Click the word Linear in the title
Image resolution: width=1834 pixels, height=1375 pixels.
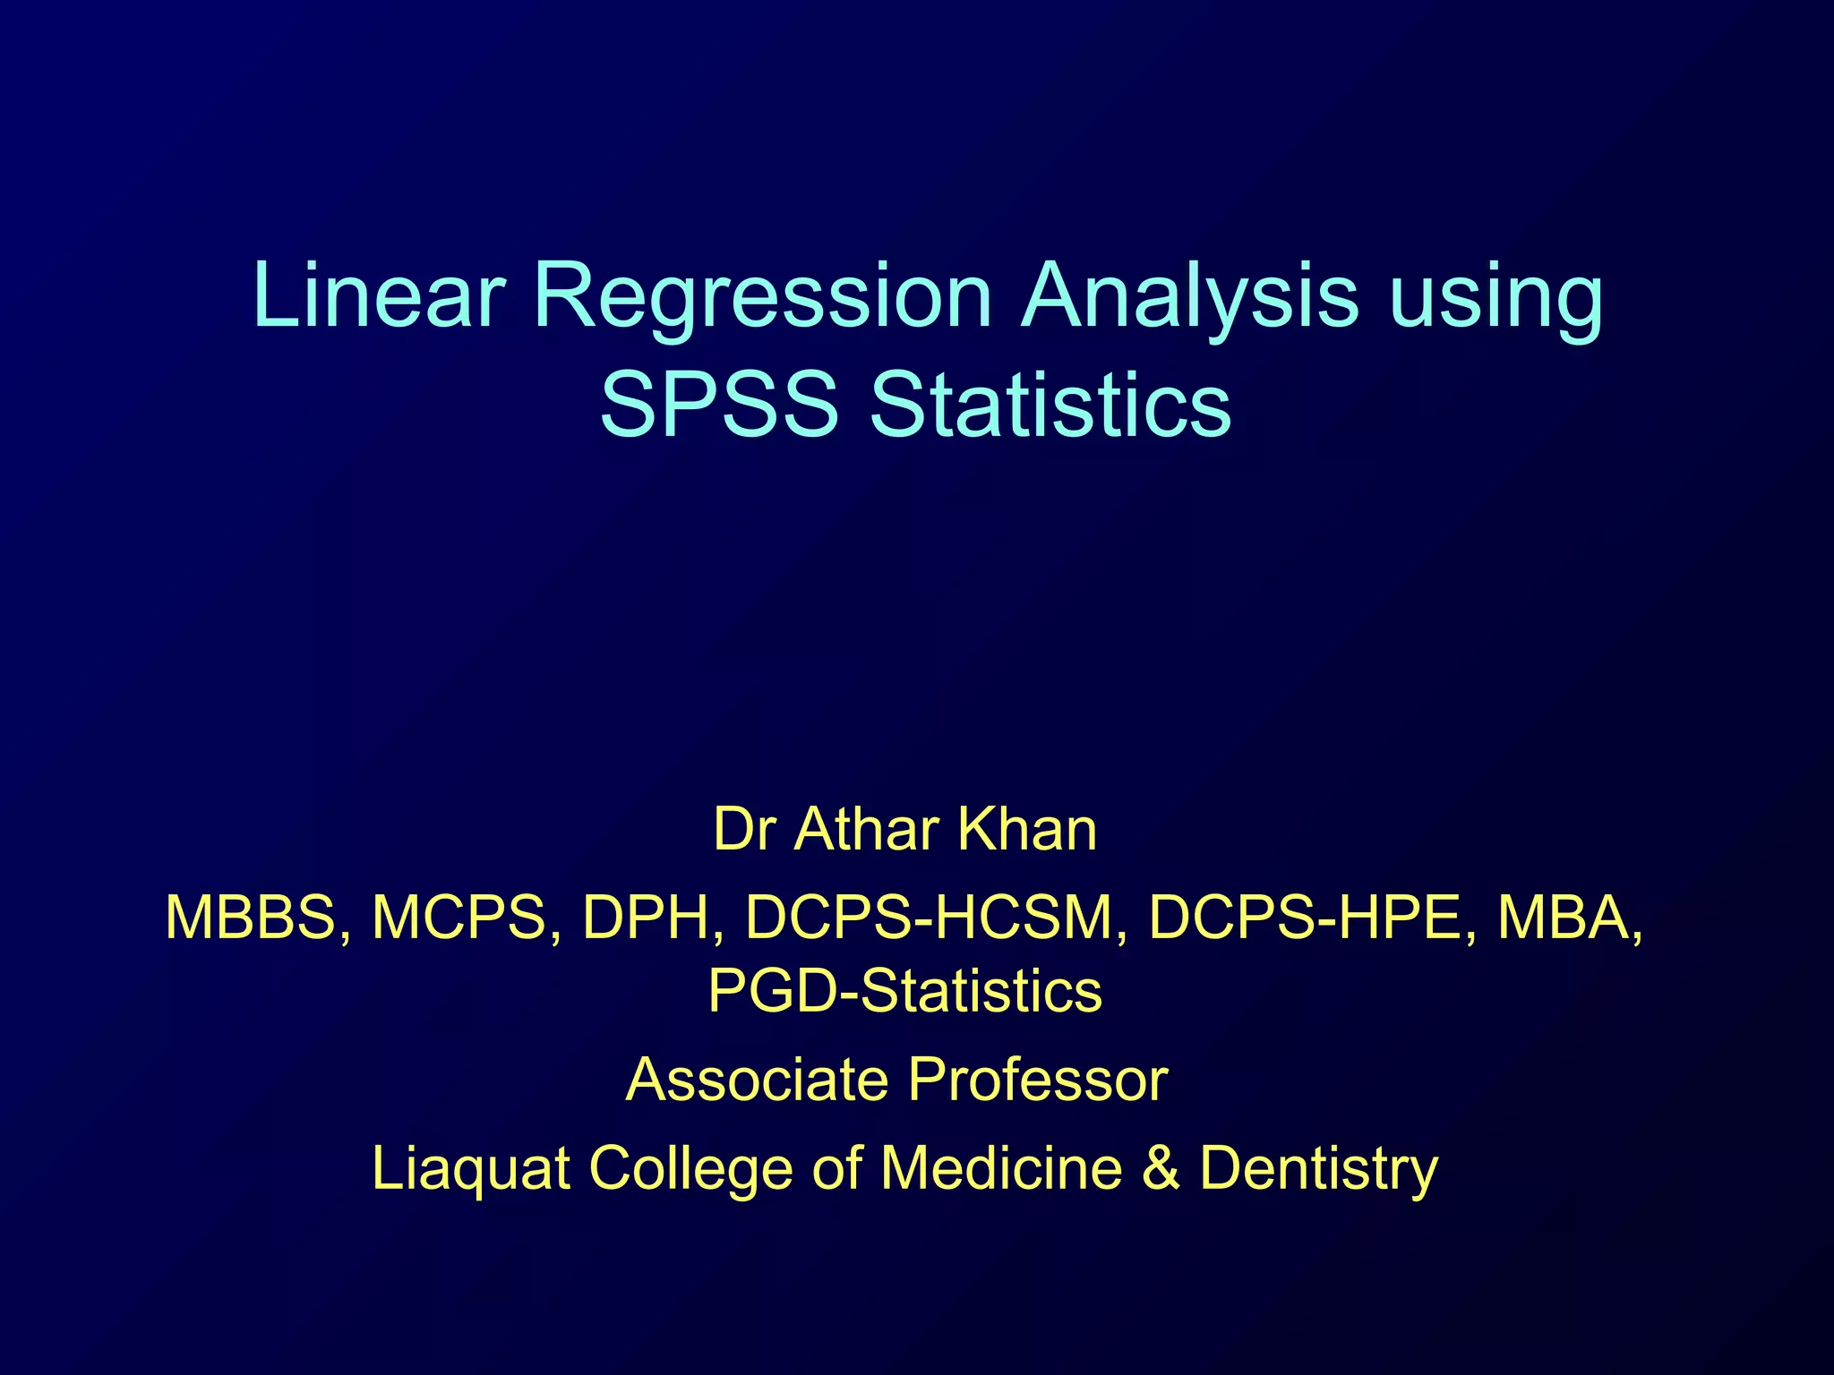point(379,295)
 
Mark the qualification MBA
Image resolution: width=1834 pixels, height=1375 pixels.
point(1566,918)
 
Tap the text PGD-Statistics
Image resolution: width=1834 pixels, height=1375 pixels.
point(904,991)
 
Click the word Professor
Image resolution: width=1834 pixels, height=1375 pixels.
point(1038,1080)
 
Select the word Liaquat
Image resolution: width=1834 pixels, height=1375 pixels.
point(471,1169)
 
